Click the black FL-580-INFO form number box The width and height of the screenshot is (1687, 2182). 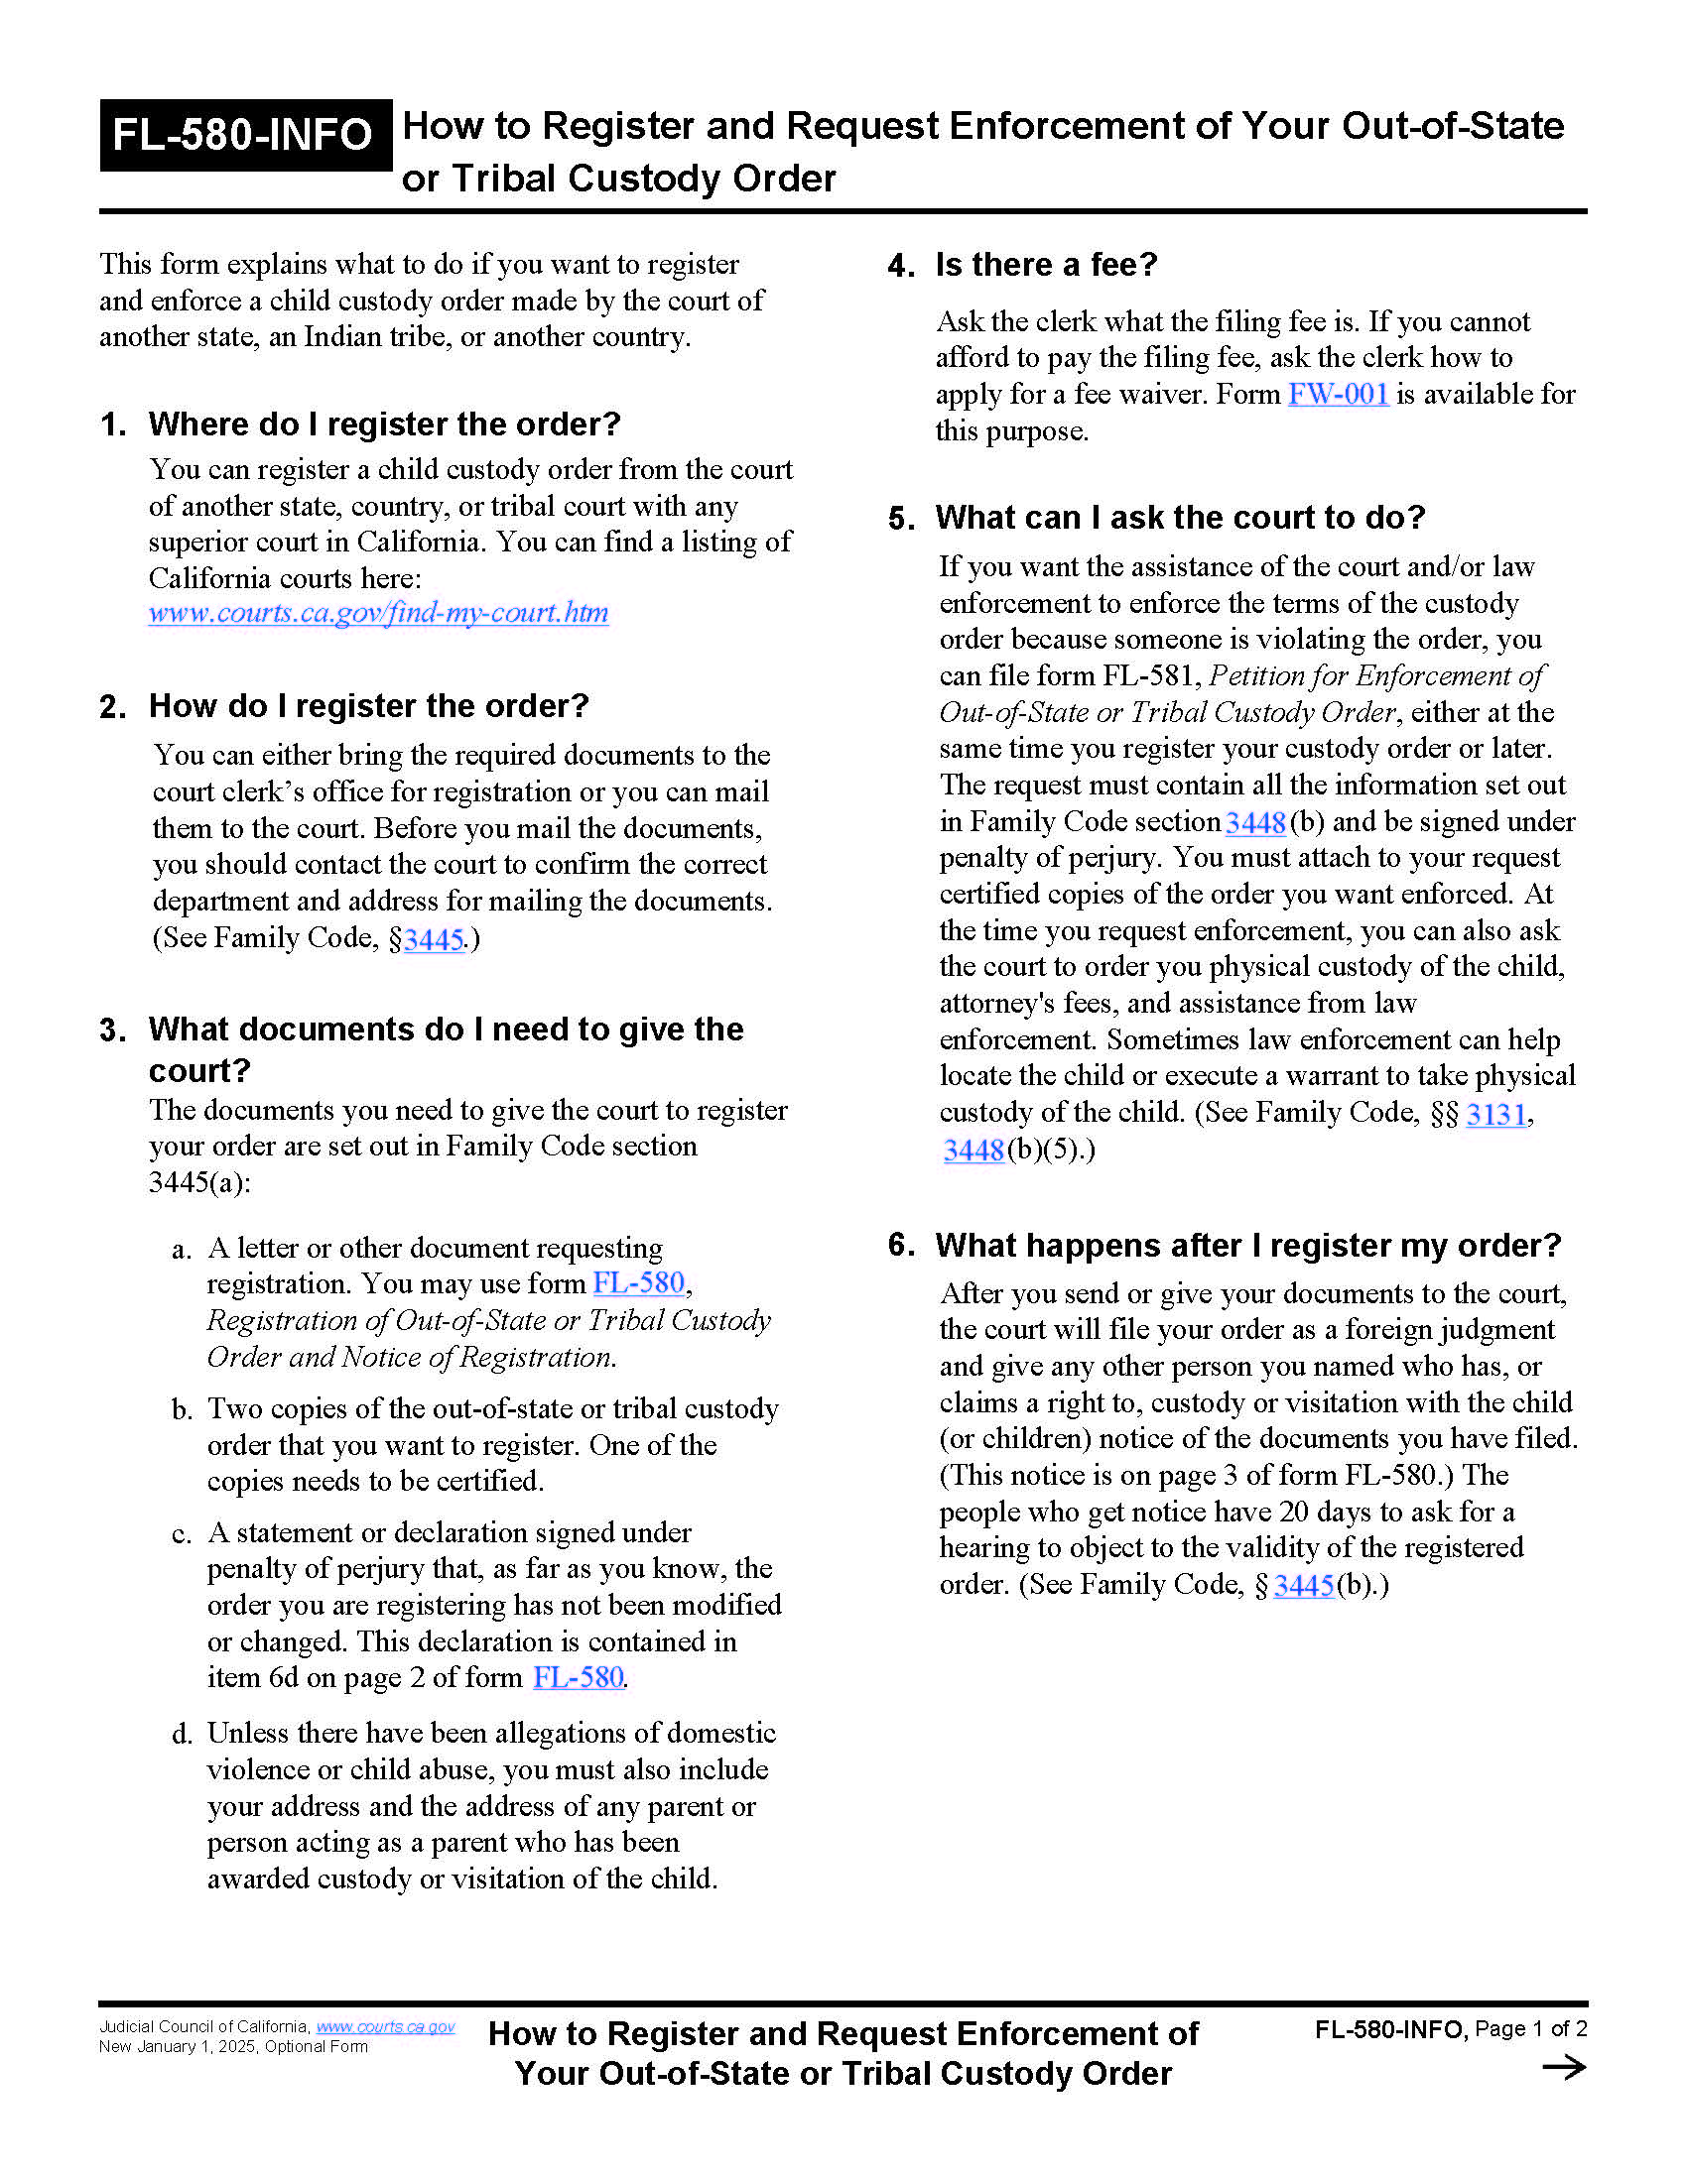click(x=244, y=135)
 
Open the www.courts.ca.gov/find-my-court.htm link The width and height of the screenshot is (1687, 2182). click(x=378, y=612)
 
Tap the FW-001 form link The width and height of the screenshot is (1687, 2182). click(x=1338, y=394)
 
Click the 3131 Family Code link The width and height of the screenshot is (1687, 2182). click(x=1496, y=1113)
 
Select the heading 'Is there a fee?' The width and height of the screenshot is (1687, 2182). click(x=1045, y=265)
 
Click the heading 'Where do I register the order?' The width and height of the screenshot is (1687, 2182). click(x=384, y=424)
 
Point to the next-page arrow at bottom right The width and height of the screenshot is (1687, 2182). click(x=1563, y=2067)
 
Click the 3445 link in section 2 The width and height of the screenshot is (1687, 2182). click(x=434, y=939)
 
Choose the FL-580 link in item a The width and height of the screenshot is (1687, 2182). click(x=638, y=1282)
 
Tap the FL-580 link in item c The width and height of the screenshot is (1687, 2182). click(x=578, y=1677)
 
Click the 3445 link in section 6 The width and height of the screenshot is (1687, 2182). click(x=1303, y=1585)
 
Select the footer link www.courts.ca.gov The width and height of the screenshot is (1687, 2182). click(x=385, y=2026)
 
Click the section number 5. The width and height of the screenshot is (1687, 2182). click(x=899, y=519)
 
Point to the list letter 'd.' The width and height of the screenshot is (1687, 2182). click(x=182, y=1735)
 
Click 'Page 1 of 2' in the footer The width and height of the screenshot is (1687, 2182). click(x=1530, y=2028)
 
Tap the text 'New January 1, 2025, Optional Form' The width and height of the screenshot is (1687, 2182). click(x=233, y=2046)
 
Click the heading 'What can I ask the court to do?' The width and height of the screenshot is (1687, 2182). click(x=1179, y=518)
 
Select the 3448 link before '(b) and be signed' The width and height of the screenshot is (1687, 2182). click(x=1254, y=822)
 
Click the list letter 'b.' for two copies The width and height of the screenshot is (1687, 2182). click(x=182, y=1409)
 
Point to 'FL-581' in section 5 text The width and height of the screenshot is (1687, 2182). click(x=1149, y=676)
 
